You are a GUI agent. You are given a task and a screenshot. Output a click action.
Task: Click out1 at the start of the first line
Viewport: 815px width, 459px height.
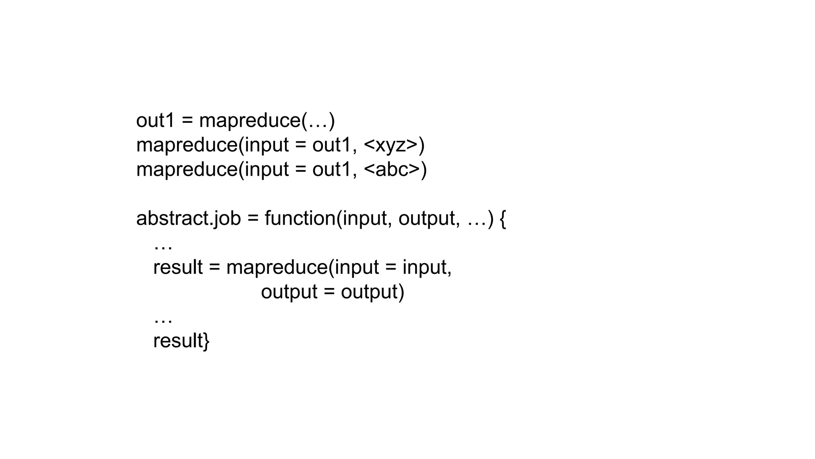pos(155,120)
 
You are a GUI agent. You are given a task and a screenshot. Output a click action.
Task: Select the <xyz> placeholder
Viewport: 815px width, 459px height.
pos(391,145)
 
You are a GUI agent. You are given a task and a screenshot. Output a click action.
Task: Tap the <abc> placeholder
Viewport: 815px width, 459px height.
pos(392,169)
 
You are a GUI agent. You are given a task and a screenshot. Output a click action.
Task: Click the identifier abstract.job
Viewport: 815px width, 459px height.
pos(189,218)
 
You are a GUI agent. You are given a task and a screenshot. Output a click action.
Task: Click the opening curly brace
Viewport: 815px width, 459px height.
pos(502,219)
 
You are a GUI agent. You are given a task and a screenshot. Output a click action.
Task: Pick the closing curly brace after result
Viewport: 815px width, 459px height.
pos(206,341)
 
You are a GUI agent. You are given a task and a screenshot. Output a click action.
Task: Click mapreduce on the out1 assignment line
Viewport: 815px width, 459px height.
pos(250,120)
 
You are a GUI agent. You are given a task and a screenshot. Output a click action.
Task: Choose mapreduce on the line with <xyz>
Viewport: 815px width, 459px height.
pos(187,145)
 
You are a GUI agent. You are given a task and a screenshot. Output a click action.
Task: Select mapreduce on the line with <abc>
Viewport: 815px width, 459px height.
pos(187,169)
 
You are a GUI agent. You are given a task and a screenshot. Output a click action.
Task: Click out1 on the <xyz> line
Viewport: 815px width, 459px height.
pos(332,145)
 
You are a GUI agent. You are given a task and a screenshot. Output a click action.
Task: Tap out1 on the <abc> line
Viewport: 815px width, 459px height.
pos(332,169)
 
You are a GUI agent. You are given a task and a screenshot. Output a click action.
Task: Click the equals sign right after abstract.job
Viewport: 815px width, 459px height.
pos(253,219)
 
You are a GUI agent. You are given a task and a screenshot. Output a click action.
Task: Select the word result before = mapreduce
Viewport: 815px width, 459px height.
pos(178,267)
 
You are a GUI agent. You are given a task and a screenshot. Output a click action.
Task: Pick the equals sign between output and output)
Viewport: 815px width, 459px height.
pos(329,292)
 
